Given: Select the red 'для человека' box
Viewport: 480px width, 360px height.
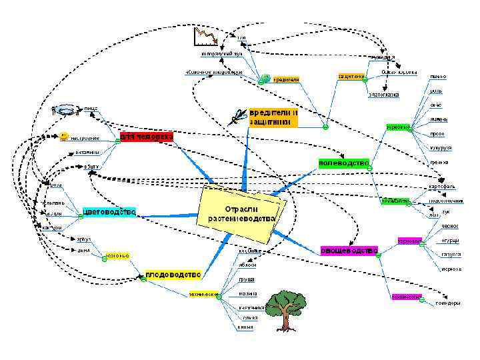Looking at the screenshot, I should (145, 137).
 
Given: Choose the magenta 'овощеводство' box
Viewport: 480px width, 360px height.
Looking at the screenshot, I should (349, 250).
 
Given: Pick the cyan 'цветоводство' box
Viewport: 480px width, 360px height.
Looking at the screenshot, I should (109, 212).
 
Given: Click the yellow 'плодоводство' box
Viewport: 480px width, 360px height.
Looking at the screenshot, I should (173, 274).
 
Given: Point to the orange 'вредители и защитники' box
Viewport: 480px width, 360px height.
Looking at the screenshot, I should (273, 117).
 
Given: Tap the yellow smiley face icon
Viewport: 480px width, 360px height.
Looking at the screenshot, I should (63, 136).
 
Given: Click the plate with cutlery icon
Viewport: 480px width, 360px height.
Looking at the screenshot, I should (67, 108).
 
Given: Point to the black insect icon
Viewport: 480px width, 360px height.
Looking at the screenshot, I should (237, 118).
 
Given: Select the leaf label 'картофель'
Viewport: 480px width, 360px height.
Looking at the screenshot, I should (441, 187).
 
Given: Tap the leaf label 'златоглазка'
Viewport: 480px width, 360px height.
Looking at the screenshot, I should (384, 95).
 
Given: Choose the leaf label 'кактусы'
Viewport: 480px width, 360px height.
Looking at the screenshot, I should (52, 228).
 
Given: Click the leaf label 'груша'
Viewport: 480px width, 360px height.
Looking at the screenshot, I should (247, 279).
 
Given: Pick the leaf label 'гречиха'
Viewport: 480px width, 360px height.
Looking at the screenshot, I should (439, 163).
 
